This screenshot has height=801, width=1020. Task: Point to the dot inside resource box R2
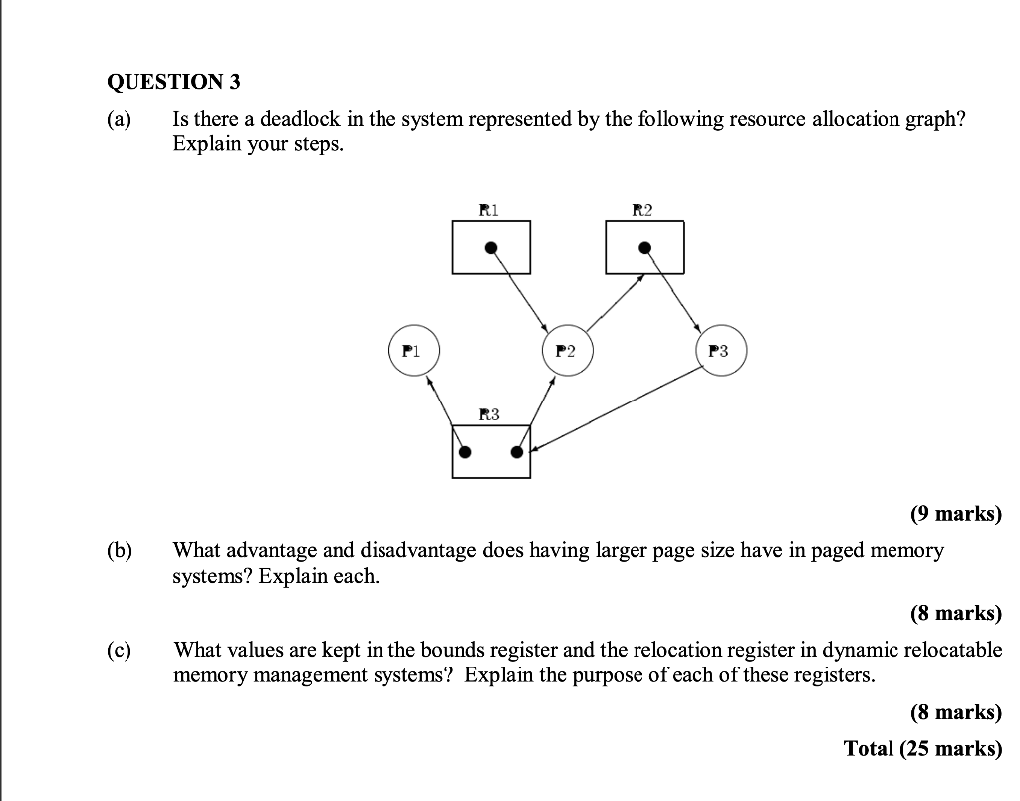click(644, 247)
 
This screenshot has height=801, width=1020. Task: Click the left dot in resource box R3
click(464, 453)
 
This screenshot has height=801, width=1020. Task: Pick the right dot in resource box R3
click(516, 453)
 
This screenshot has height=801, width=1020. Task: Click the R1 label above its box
click(489, 209)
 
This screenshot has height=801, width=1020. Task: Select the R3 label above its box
click(489, 413)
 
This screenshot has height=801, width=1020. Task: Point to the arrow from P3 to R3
click(618, 408)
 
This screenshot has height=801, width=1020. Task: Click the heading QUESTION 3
click(173, 82)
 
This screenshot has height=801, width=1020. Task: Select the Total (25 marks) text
click(922, 748)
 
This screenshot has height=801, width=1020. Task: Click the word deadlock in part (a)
click(300, 120)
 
